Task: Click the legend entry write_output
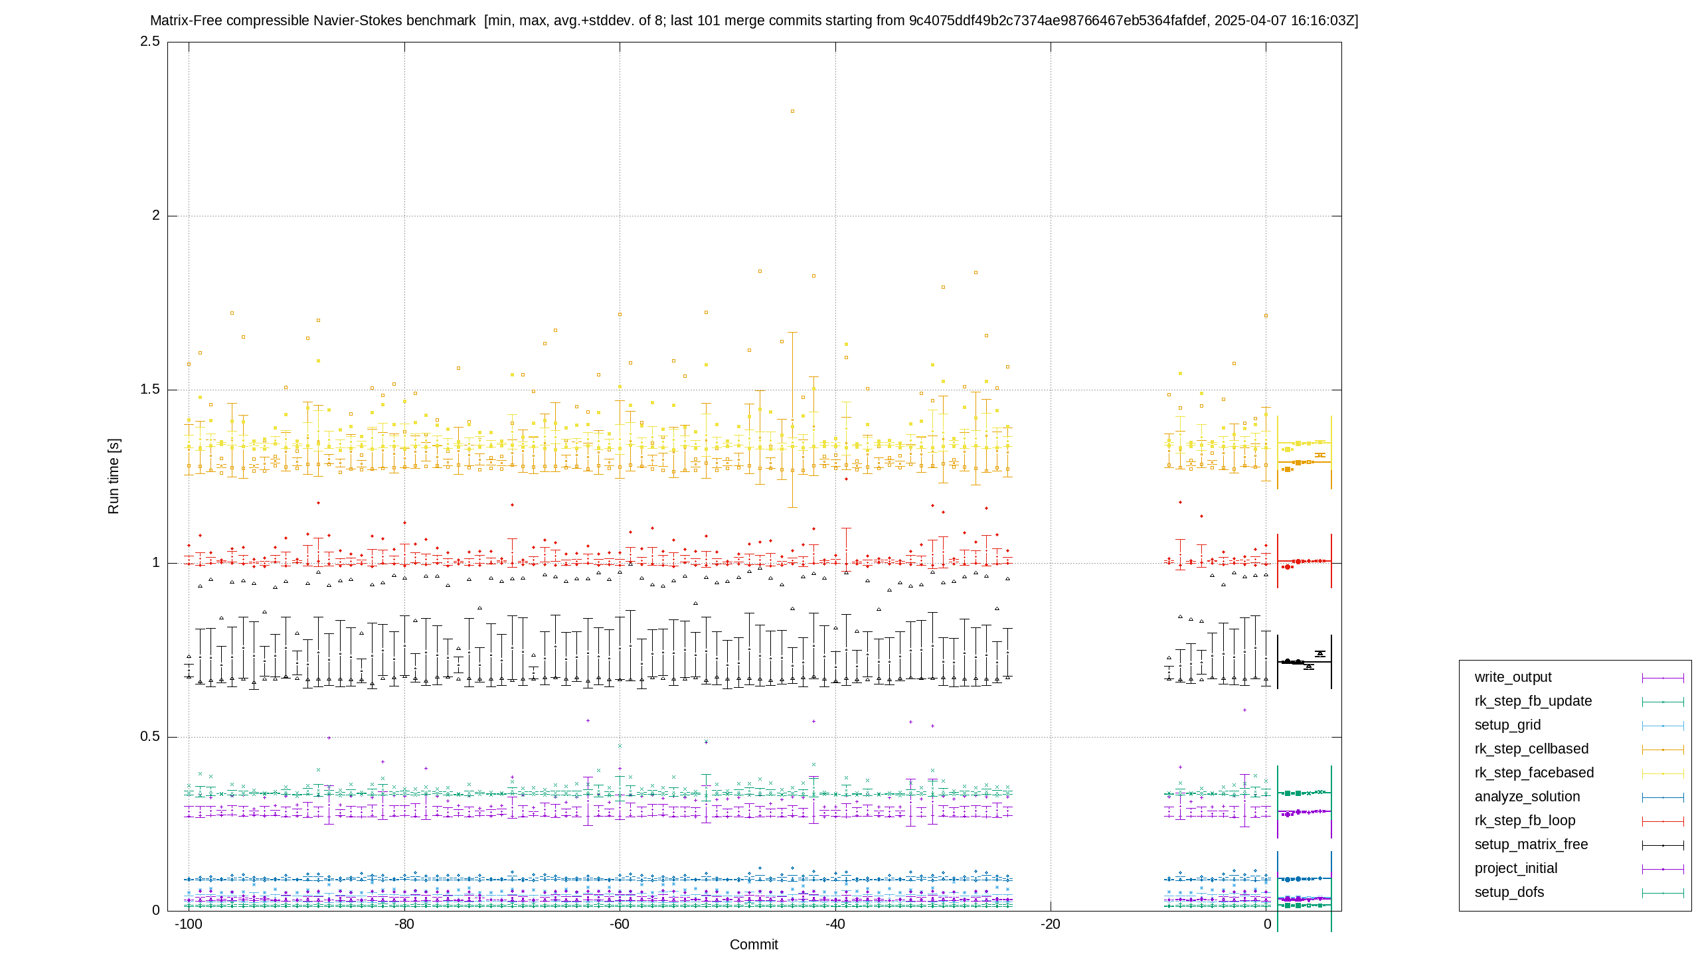coord(1513,677)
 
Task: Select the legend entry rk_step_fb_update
coord(1533,701)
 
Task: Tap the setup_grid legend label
coord(1507,725)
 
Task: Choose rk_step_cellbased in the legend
coord(1531,749)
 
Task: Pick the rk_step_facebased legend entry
coord(1534,773)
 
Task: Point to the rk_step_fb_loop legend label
coord(1525,821)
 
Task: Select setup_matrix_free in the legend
coord(1531,844)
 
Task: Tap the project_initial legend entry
coord(1516,868)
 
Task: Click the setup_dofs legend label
coord(1509,892)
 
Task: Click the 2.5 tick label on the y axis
coord(150,41)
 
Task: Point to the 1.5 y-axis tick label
coord(150,389)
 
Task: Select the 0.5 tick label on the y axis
coord(150,736)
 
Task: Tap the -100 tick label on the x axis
coord(189,924)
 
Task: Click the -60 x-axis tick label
coord(620,924)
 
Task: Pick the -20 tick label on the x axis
coord(1051,924)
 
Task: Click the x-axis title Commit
coord(754,945)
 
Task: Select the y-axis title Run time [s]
coord(114,476)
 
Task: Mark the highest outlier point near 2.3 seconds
coord(792,112)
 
